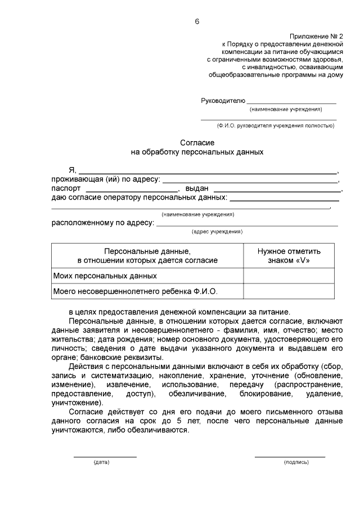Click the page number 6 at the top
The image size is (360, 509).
[x=197, y=21]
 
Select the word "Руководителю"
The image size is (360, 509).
[x=223, y=101]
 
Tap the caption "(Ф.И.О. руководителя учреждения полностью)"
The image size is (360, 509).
[x=275, y=125]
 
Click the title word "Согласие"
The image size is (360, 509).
[x=197, y=143]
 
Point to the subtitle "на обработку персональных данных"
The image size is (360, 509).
[x=197, y=152]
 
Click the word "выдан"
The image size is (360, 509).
[x=197, y=188]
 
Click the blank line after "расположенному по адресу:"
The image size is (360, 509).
[x=247, y=223]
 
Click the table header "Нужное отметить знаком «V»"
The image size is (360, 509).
[x=289, y=256]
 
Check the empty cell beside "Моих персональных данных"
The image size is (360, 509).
[x=289, y=276]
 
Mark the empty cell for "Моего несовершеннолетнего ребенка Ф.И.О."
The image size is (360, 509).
[x=289, y=291]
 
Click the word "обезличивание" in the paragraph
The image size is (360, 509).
[x=193, y=394]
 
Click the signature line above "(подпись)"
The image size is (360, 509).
[x=290, y=456]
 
